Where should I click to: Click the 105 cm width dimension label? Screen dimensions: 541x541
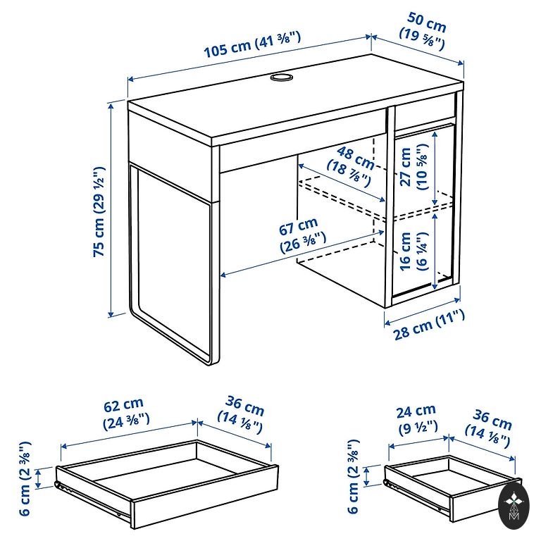click(253, 44)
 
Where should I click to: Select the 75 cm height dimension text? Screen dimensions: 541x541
click(99, 212)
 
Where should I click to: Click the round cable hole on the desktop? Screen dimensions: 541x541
click(282, 77)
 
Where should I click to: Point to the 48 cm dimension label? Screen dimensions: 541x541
click(351, 165)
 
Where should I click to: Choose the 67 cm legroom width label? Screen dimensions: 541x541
click(301, 235)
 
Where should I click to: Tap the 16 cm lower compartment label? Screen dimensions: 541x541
click(414, 251)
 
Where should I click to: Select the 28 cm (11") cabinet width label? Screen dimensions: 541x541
click(428, 324)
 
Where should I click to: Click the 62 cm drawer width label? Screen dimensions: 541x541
click(125, 413)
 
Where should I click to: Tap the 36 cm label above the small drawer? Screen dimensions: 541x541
click(489, 427)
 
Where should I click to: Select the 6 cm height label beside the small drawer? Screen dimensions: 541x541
click(353, 476)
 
